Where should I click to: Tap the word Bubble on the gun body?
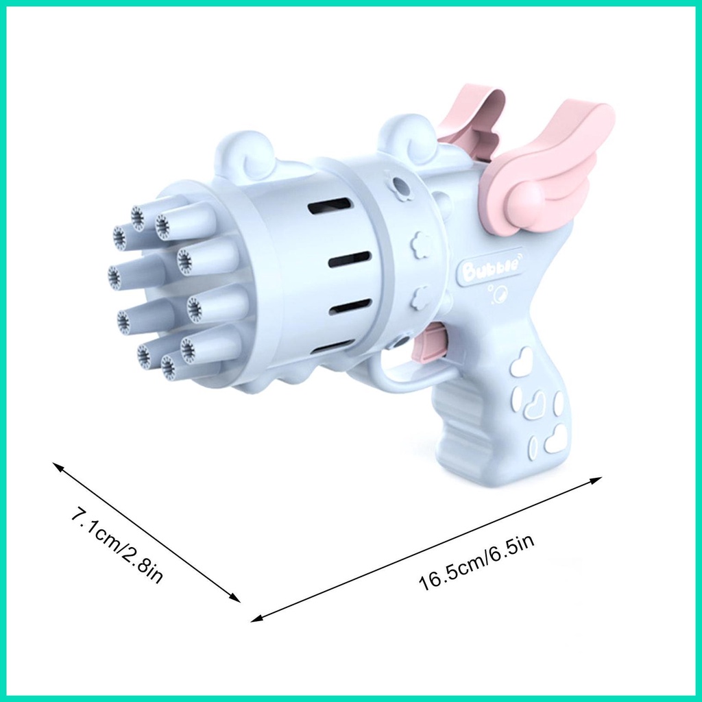(x=492, y=269)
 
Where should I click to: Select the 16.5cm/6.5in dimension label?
(x=476, y=565)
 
